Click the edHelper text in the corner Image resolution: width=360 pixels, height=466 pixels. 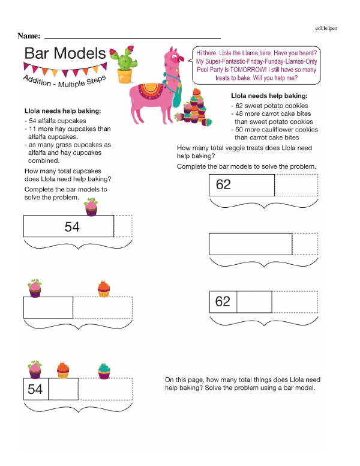coord(326,28)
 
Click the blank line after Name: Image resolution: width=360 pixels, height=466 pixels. coord(132,37)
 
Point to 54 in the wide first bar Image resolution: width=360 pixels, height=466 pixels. coord(72,226)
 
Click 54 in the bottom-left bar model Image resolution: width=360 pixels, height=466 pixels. coord(35,390)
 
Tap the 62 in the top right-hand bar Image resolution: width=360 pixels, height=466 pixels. coord(223,184)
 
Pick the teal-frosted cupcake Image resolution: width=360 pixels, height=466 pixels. coord(104,371)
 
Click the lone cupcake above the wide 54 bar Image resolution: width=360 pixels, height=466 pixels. coord(91,208)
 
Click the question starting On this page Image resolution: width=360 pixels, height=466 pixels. coord(242,384)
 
